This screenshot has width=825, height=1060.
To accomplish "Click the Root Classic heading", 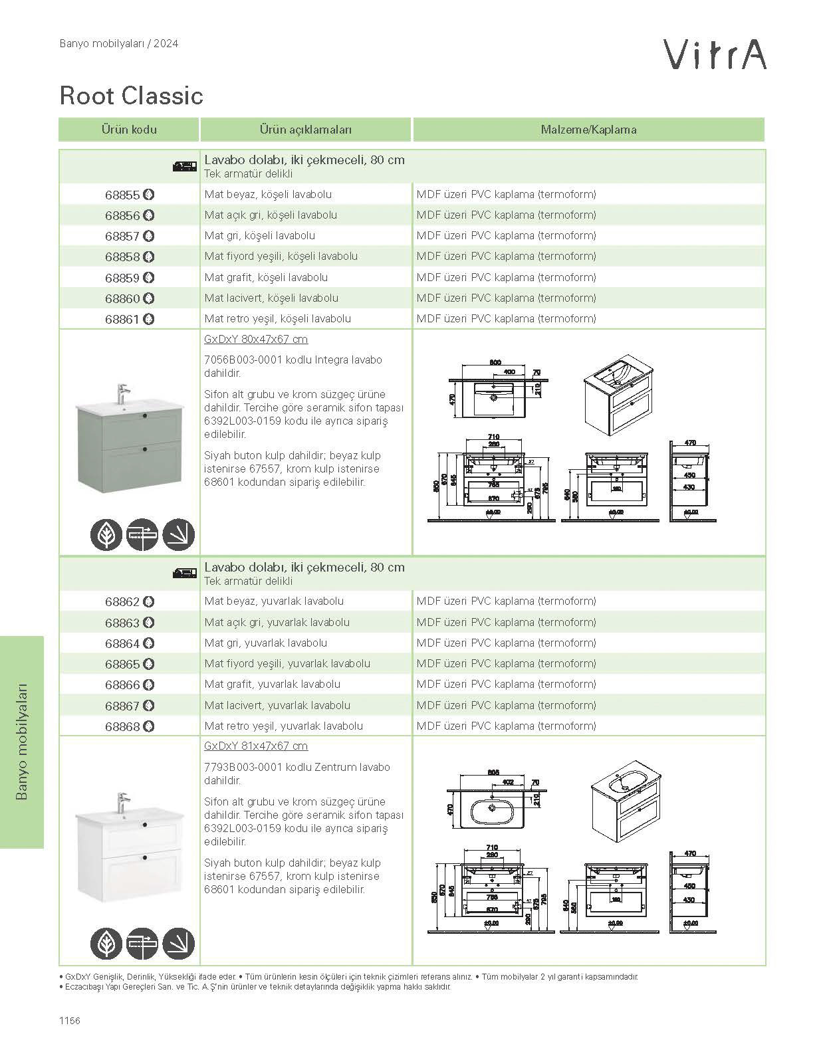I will (131, 96).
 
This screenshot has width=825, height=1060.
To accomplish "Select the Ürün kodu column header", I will (129, 130).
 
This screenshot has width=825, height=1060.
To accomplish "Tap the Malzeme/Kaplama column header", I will (588, 130).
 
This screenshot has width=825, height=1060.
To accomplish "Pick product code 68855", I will (123, 195).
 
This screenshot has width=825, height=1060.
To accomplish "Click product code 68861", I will (123, 320).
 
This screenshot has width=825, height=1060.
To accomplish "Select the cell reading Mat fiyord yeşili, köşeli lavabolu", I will (281, 257).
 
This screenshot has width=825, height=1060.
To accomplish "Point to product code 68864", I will (123, 643).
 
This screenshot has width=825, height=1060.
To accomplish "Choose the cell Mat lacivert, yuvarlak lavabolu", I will (277, 705).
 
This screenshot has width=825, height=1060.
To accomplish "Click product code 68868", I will (123, 726).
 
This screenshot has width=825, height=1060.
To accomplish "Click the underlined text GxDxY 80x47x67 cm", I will (256, 340).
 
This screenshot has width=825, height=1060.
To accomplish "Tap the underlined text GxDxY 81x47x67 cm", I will (256, 746).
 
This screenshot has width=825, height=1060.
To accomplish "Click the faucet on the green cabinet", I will (122, 393).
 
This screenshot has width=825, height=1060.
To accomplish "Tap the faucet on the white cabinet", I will (122, 801).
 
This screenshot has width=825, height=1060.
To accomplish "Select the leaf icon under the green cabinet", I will (106, 534).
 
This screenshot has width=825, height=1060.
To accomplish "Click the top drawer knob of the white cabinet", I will (144, 825).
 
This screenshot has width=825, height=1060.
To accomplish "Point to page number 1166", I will (69, 1021).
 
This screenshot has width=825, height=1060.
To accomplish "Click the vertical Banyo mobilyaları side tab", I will (22, 742).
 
